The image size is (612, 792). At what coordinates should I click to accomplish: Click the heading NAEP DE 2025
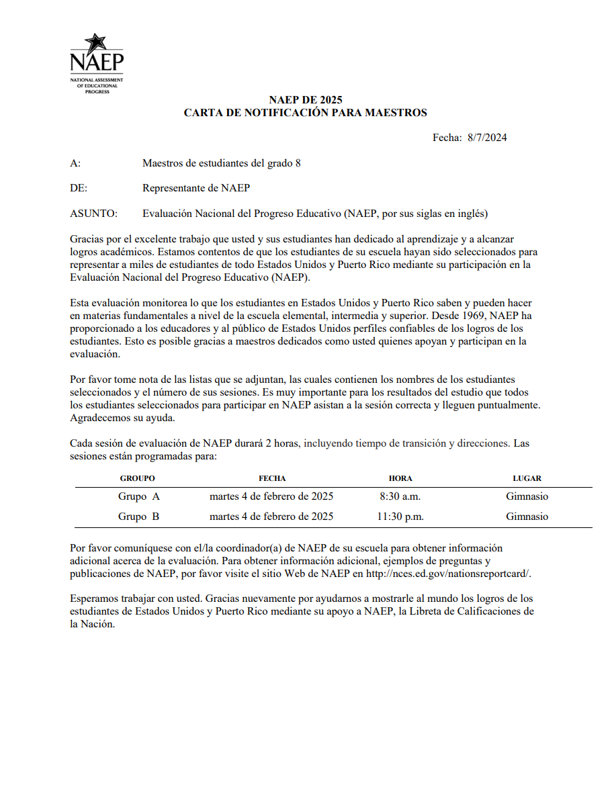coord(306,100)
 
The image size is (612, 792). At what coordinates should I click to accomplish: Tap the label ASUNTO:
coord(93,214)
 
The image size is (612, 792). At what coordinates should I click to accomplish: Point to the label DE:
coord(79,188)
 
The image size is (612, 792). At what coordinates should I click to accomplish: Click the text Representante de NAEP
coord(196,188)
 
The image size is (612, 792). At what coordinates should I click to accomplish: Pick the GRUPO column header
coord(137,478)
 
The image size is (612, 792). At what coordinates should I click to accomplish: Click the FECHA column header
coord(272,478)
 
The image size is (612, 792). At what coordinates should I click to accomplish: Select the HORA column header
coord(400,478)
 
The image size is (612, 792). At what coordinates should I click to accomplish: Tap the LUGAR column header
coord(527,478)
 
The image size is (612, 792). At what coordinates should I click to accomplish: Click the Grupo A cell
coord(139,496)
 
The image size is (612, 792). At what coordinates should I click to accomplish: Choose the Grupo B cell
coord(139,517)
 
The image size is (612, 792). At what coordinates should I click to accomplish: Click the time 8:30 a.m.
coord(400,496)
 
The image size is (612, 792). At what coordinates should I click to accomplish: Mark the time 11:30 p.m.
coord(400,517)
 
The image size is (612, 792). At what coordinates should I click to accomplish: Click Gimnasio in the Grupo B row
coord(527,517)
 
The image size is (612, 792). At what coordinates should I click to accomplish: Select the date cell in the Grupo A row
coord(271,496)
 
